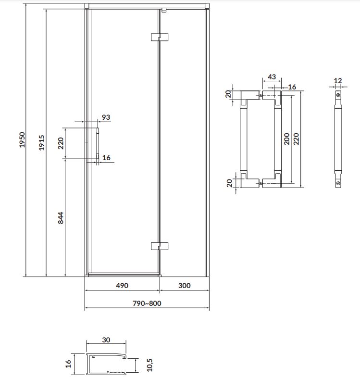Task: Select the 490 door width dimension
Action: click(x=122, y=285)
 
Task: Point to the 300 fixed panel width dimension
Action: click(x=184, y=285)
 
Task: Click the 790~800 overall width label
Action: click(x=147, y=303)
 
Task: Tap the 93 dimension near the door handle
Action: click(x=106, y=117)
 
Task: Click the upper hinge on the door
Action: click(x=159, y=37)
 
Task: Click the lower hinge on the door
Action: click(x=159, y=246)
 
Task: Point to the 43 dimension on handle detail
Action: click(x=272, y=77)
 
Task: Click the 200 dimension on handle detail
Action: click(x=287, y=139)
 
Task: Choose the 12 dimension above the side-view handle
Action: click(x=338, y=81)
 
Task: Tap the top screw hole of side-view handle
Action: click(x=338, y=95)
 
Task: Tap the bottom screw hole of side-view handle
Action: click(x=338, y=183)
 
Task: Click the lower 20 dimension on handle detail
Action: click(x=228, y=183)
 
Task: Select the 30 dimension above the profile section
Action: click(x=106, y=340)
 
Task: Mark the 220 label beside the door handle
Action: click(x=61, y=143)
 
